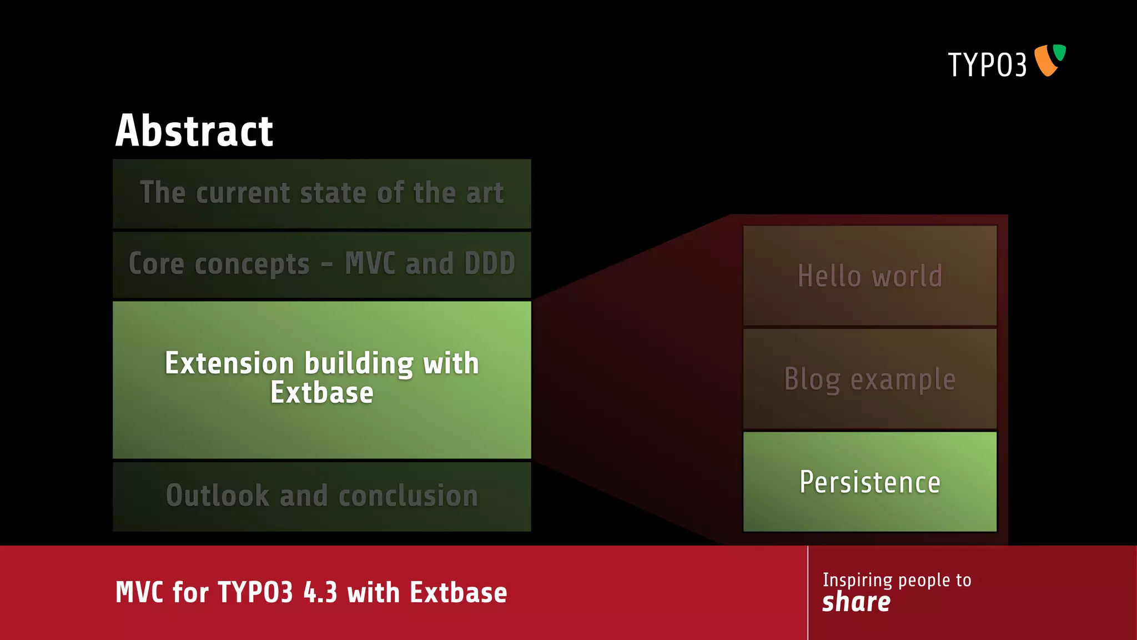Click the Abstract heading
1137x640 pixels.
194,131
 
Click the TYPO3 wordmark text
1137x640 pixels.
987,64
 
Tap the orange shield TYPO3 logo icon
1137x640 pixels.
1048,60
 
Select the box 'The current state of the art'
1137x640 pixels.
321,193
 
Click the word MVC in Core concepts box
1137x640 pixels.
370,263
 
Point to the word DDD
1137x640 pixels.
490,263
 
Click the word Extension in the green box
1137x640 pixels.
229,363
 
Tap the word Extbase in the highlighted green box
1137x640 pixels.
321,393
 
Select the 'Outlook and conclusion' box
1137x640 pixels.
321,496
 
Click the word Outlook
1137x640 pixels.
217,496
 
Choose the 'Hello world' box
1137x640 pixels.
869,276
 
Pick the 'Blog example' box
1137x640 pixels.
869,379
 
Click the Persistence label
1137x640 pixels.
869,482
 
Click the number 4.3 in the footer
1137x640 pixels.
320,592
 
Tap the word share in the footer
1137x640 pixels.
856,602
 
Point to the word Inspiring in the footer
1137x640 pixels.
857,580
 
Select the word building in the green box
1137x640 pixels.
359,364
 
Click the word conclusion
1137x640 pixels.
408,496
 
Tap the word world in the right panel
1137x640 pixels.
907,276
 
